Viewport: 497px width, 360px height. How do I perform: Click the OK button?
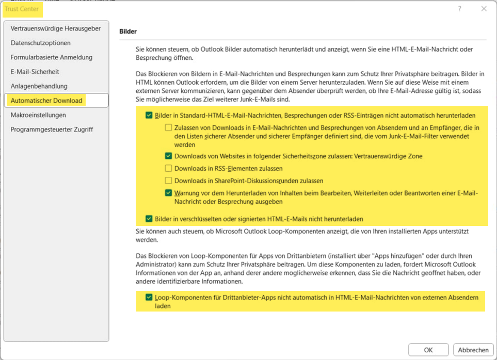pyautogui.click(x=428, y=350)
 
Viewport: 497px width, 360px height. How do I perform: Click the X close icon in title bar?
pyautogui.click(x=484, y=9)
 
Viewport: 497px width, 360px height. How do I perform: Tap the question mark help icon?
pyautogui.click(x=460, y=9)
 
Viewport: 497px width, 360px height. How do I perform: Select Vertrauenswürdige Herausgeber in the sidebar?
pyautogui.click(x=56, y=28)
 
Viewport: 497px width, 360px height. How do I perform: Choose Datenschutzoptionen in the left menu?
pyautogui.click(x=41, y=43)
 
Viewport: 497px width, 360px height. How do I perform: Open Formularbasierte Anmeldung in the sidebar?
pyautogui.click(x=52, y=57)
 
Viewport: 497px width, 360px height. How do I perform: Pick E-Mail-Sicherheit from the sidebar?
pyautogui.click(x=35, y=72)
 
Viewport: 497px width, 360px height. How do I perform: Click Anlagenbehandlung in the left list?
pyautogui.click(x=39, y=86)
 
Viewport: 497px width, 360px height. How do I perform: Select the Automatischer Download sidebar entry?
pyautogui.click(x=46, y=101)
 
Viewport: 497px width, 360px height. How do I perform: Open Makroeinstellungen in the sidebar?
pyautogui.click(x=38, y=115)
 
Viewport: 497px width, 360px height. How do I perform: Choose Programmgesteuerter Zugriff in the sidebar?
pyautogui.click(x=52, y=129)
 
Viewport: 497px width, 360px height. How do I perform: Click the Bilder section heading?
pyautogui.click(x=128, y=31)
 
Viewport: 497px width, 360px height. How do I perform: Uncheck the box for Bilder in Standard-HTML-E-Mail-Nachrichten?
pyautogui.click(x=149, y=115)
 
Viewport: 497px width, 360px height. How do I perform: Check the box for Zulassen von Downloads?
pyautogui.click(x=168, y=127)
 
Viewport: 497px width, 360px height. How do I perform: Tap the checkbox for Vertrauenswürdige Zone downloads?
pyautogui.click(x=168, y=156)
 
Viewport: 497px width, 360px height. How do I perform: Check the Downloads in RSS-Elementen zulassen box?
pyautogui.click(x=168, y=168)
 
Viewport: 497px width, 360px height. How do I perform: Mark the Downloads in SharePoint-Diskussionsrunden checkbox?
pyautogui.click(x=168, y=181)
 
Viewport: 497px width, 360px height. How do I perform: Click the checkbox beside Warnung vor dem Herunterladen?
pyautogui.click(x=168, y=193)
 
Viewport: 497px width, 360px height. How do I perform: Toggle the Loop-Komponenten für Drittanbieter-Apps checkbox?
pyautogui.click(x=149, y=297)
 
